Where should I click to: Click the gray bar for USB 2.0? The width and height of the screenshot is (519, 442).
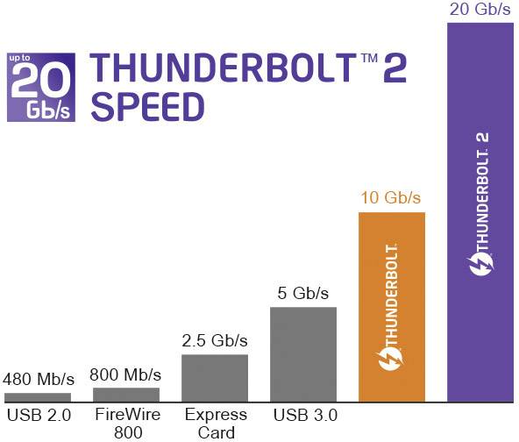click(x=37, y=397)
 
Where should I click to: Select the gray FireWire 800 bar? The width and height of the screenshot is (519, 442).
click(x=126, y=394)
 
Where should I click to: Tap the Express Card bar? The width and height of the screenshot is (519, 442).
click(x=215, y=378)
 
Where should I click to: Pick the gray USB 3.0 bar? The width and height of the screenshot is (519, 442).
click(x=303, y=354)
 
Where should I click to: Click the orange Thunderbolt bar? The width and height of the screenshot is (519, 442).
click(x=392, y=307)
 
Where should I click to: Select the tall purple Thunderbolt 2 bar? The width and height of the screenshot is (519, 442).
click(x=480, y=210)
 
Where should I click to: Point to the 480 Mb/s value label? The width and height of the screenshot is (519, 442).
click(x=37, y=381)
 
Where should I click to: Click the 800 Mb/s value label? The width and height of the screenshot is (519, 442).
click(x=126, y=375)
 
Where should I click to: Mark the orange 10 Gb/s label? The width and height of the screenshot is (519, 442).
click(x=391, y=196)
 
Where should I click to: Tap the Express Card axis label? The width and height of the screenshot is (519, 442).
click(x=215, y=422)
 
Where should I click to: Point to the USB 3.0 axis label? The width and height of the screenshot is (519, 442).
click(x=304, y=414)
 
